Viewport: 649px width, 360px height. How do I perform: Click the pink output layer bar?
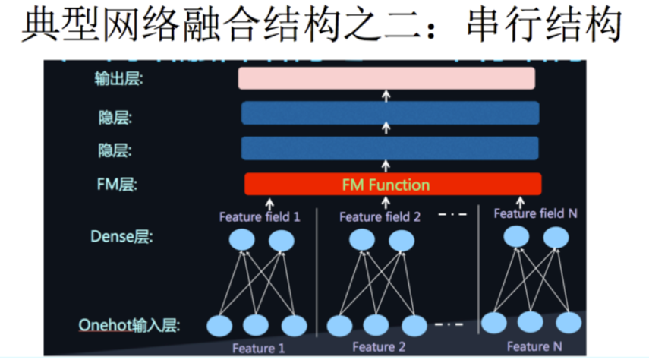[386, 78]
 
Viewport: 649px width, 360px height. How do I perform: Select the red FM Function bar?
[392, 185]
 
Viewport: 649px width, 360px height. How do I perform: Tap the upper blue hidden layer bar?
[390, 113]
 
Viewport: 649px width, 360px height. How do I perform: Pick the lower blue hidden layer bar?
[390, 148]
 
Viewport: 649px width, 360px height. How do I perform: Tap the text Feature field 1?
[260, 216]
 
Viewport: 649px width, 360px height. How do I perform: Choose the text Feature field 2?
[380, 216]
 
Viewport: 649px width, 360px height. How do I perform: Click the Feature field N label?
[535, 213]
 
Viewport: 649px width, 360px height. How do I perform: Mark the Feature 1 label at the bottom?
[258, 348]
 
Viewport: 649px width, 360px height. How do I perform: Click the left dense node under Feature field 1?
[242, 241]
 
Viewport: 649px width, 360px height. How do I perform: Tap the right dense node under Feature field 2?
[402, 241]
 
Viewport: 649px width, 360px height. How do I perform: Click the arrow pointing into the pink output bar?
[385, 95]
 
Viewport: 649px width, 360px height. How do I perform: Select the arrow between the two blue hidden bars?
[385, 131]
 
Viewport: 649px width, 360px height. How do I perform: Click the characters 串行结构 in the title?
[552, 27]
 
